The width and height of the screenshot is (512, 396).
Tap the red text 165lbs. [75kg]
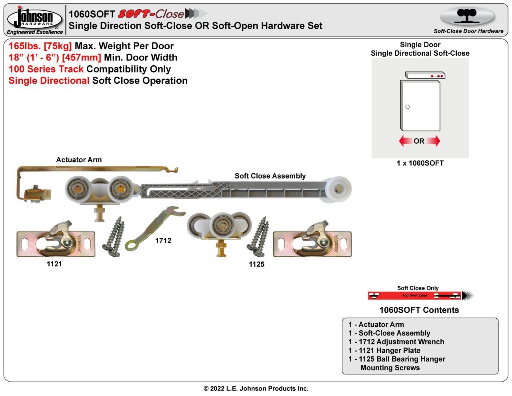pyautogui.click(x=40, y=46)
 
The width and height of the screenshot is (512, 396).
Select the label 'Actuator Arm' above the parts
pyautogui.click(x=79, y=160)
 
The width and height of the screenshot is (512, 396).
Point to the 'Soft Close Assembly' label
pyautogui.click(x=270, y=176)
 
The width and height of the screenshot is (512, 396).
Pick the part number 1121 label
pyautogui.click(x=54, y=264)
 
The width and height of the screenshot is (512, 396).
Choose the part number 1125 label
pyautogui.click(x=256, y=264)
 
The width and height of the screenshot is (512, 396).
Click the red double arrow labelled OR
pyautogui.click(x=419, y=141)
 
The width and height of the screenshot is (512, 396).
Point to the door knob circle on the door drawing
pyautogui.click(x=408, y=107)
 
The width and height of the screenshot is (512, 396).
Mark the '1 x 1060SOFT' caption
pyautogui.click(x=420, y=163)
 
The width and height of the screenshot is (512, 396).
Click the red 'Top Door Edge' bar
pyautogui.click(x=414, y=296)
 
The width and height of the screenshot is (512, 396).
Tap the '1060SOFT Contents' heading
pyautogui.click(x=419, y=310)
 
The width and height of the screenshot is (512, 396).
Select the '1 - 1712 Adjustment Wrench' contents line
pyautogui.click(x=396, y=342)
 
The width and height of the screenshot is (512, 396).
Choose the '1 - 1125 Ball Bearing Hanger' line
pyautogui.click(x=396, y=359)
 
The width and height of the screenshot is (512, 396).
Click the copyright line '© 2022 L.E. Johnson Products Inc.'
pyautogui.click(x=256, y=388)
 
